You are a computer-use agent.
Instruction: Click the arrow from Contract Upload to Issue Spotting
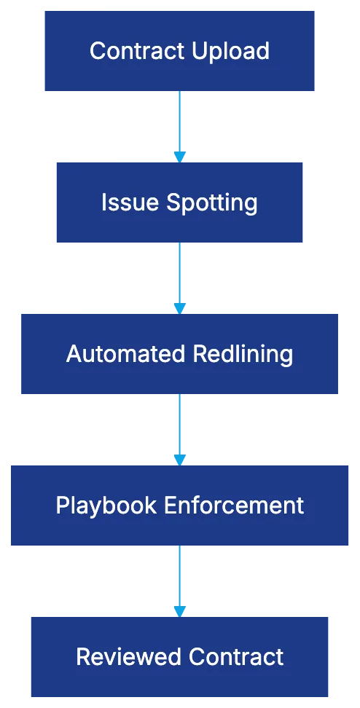(x=179, y=124)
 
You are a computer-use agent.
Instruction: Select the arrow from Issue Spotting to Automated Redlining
(x=179, y=275)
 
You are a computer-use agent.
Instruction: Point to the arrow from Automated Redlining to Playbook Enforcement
(x=179, y=427)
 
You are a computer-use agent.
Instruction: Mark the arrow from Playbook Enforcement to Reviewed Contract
(x=179, y=578)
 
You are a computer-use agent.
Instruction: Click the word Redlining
(x=243, y=354)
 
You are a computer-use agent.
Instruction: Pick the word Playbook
(x=105, y=506)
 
